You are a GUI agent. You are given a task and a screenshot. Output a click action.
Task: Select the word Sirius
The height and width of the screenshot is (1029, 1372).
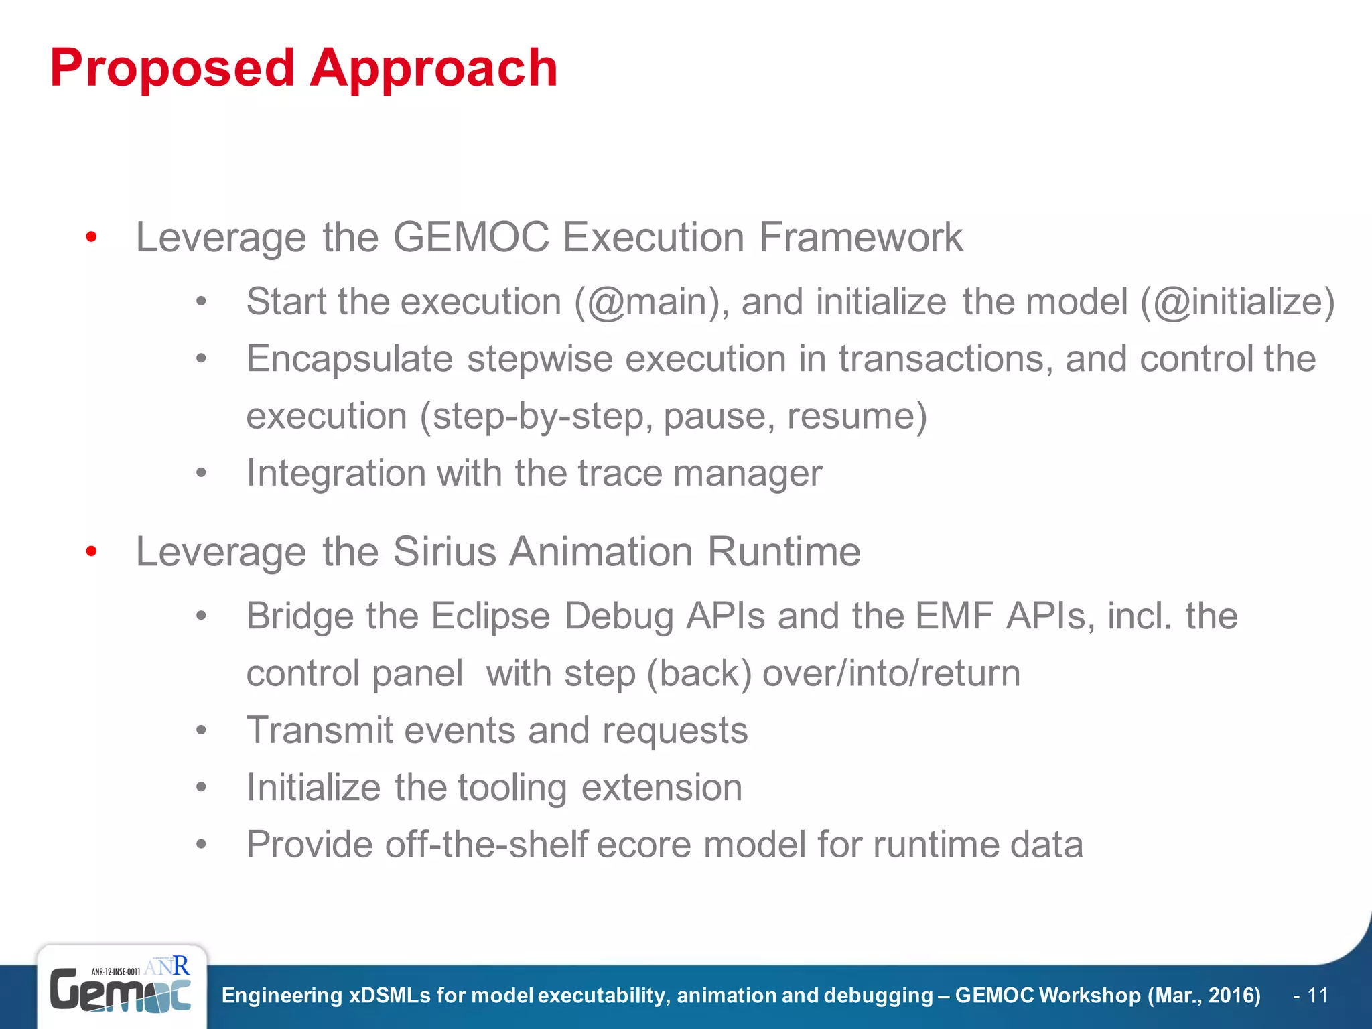444,552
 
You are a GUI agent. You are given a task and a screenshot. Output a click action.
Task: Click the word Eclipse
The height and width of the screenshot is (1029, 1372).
490,616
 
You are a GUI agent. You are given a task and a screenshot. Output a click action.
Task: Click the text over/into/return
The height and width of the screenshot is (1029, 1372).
891,673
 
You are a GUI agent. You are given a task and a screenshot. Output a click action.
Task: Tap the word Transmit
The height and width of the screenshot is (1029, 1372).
320,730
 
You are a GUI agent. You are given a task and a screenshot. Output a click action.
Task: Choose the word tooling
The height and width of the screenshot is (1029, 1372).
512,788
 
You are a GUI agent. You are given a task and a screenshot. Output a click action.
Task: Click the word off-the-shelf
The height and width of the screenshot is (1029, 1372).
486,845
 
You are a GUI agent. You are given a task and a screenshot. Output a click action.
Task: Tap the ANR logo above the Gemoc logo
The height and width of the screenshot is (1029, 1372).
167,966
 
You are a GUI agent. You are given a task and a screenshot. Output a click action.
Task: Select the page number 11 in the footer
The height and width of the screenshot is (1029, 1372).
1317,996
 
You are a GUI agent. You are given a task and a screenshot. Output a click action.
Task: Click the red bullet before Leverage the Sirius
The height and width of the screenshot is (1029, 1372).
92,552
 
